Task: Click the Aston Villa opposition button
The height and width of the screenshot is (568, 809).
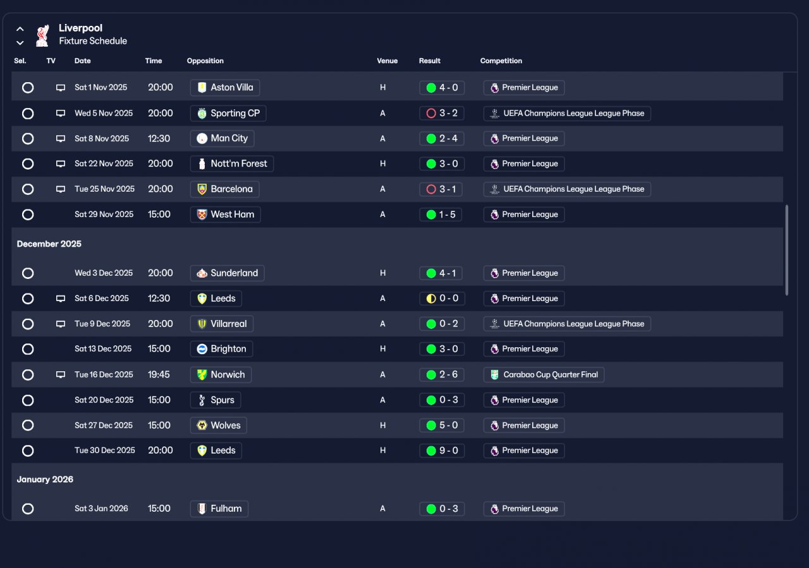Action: [225, 87]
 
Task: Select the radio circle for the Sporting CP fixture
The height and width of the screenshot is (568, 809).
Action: [28, 113]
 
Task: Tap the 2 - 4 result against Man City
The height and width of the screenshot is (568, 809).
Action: [442, 139]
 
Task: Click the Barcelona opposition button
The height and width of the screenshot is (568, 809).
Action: [224, 189]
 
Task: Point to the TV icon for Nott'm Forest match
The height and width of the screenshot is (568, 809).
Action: [61, 164]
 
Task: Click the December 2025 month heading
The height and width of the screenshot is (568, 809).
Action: [49, 244]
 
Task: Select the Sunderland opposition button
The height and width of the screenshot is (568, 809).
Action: [227, 273]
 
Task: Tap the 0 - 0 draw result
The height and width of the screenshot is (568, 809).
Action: [442, 299]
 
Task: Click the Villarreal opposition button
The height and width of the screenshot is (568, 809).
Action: [222, 324]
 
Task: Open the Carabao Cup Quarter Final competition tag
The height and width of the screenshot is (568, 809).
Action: [544, 374]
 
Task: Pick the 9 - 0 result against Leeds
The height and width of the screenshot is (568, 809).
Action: [442, 450]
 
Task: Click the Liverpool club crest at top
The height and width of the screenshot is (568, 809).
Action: [42, 35]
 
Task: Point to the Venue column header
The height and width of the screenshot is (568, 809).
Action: [387, 61]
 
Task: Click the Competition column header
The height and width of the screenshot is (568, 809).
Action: [501, 61]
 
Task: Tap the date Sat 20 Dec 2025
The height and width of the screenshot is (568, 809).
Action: [104, 400]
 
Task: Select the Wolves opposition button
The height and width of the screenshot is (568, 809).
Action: [219, 425]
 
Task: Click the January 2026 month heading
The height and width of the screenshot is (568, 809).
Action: [46, 479]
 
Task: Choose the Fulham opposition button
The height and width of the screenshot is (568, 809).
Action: [219, 509]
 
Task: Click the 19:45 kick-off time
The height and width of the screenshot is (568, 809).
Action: [159, 374]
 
